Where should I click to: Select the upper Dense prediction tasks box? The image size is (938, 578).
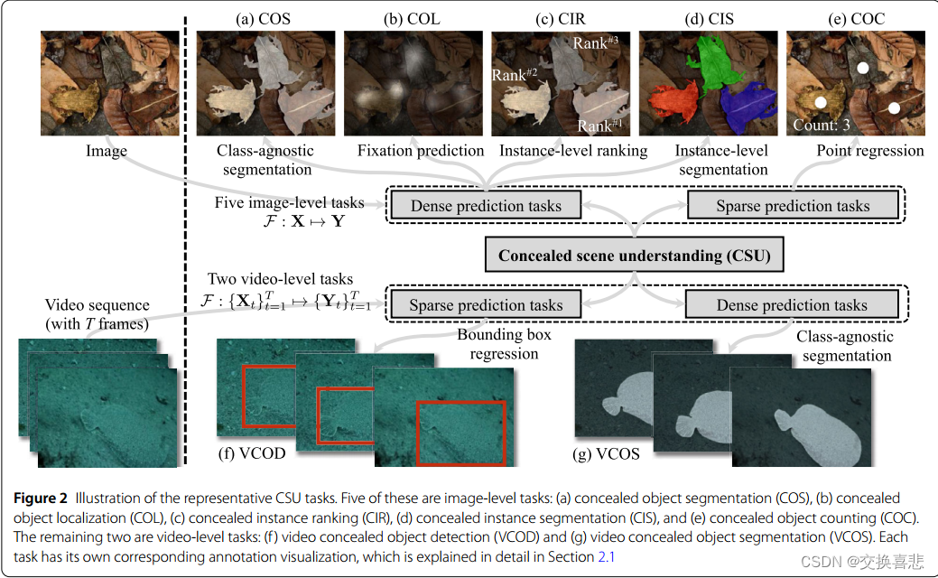(x=486, y=206)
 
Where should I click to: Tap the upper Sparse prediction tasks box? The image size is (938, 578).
(x=793, y=206)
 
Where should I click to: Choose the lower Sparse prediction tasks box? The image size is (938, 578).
(x=486, y=305)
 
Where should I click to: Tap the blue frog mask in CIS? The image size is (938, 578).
(x=748, y=106)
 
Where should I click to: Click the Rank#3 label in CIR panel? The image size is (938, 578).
(x=594, y=42)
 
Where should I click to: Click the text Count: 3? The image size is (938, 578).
(x=821, y=126)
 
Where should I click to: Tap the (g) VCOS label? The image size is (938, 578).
(x=606, y=454)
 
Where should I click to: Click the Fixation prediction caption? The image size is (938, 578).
(x=421, y=151)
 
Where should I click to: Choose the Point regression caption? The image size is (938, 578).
(x=869, y=151)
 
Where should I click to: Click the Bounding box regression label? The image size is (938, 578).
(x=504, y=344)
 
